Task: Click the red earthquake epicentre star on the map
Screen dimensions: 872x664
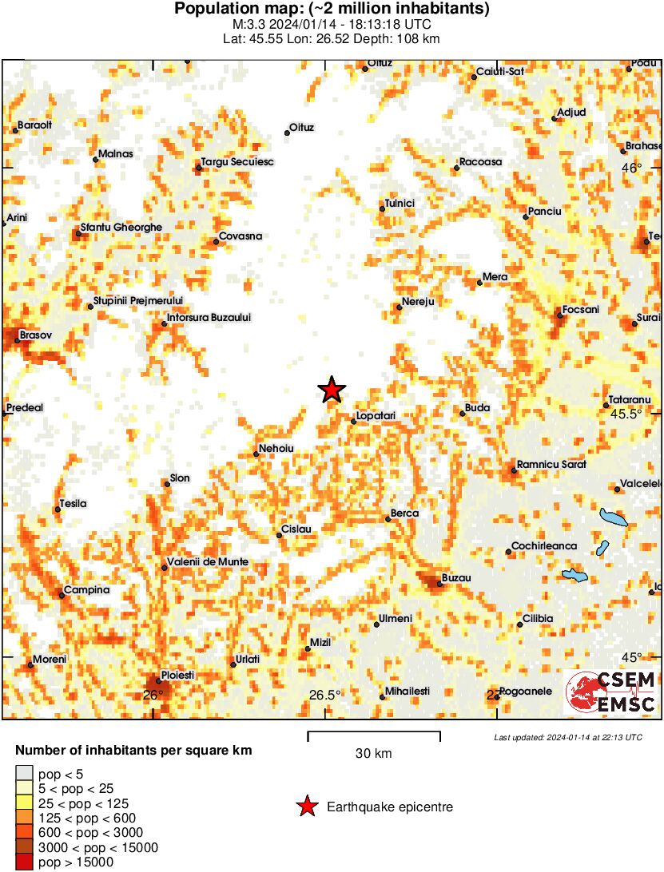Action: [332, 390]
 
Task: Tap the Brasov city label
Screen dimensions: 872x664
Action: [35, 335]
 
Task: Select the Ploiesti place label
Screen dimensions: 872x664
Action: [177, 675]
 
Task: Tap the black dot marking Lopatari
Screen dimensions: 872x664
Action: [353, 421]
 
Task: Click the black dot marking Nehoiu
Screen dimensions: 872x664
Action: [256, 454]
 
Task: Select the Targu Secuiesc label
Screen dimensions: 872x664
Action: [237, 162]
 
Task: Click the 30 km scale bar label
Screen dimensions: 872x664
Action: [373, 753]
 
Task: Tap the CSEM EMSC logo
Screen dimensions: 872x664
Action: [611, 692]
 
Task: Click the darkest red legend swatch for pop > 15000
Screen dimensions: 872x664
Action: [25, 862]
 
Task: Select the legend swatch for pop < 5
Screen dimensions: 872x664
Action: [25, 773]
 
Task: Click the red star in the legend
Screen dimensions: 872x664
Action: [306, 807]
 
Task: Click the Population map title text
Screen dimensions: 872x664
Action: [332, 10]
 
